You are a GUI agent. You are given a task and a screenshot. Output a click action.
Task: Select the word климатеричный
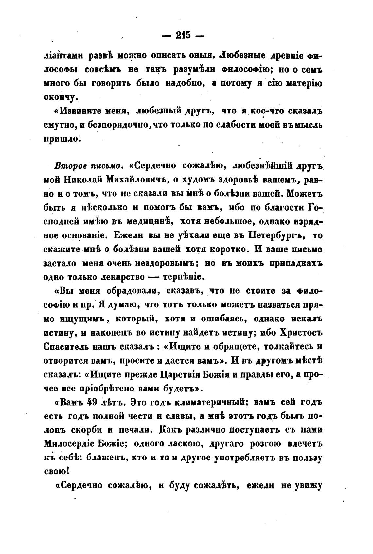click(x=202, y=402)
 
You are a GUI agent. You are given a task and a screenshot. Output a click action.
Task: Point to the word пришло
click(x=62, y=139)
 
